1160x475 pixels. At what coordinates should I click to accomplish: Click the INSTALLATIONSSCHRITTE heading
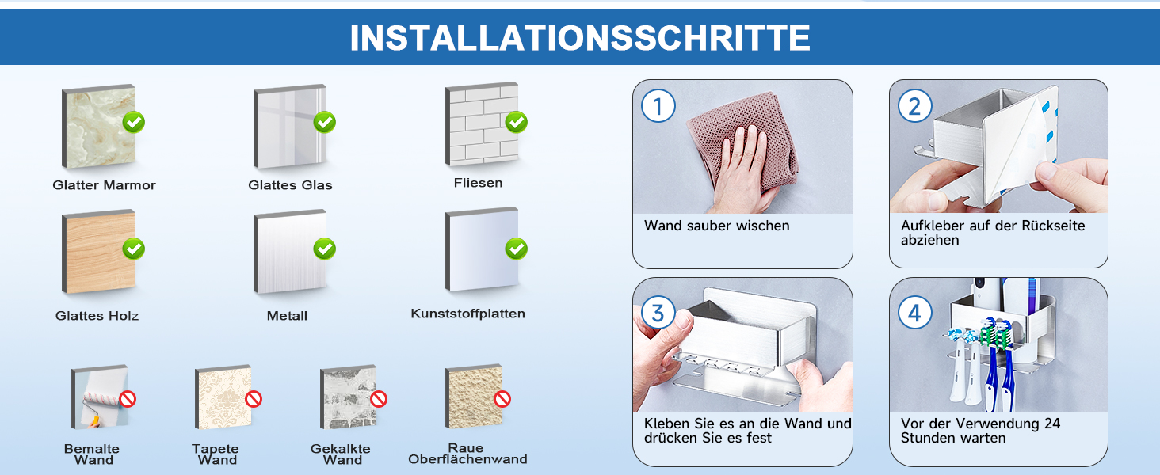(x=580, y=38)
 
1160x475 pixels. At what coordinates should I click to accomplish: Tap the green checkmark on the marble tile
(x=134, y=122)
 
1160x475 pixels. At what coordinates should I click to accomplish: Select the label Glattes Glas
(x=290, y=184)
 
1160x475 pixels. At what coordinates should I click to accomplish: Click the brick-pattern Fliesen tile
(x=482, y=123)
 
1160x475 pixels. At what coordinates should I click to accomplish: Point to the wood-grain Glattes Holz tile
(x=98, y=252)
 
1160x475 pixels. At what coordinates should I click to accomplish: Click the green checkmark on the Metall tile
(x=325, y=249)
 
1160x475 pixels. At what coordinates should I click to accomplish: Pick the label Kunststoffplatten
(x=467, y=313)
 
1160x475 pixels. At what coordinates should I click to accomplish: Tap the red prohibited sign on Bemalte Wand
(x=128, y=399)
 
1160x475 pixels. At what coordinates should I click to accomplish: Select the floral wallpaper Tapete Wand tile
(x=223, y=397)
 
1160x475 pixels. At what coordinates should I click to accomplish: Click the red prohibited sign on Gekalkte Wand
(x=379, y=399)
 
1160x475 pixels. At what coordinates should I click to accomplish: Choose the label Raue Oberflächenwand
(x=467, y=454)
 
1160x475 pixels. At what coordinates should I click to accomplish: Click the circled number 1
(x=658, y=106)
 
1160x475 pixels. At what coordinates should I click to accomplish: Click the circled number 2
(x=914, y=106)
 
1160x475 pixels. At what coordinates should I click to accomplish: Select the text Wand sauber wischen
(x=717, y=226)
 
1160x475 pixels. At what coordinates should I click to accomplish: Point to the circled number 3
(x=658, y=313)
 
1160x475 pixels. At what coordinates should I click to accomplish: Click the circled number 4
(x=914, y=313)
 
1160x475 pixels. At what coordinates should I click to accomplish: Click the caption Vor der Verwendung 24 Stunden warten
(x=980, y=431)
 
